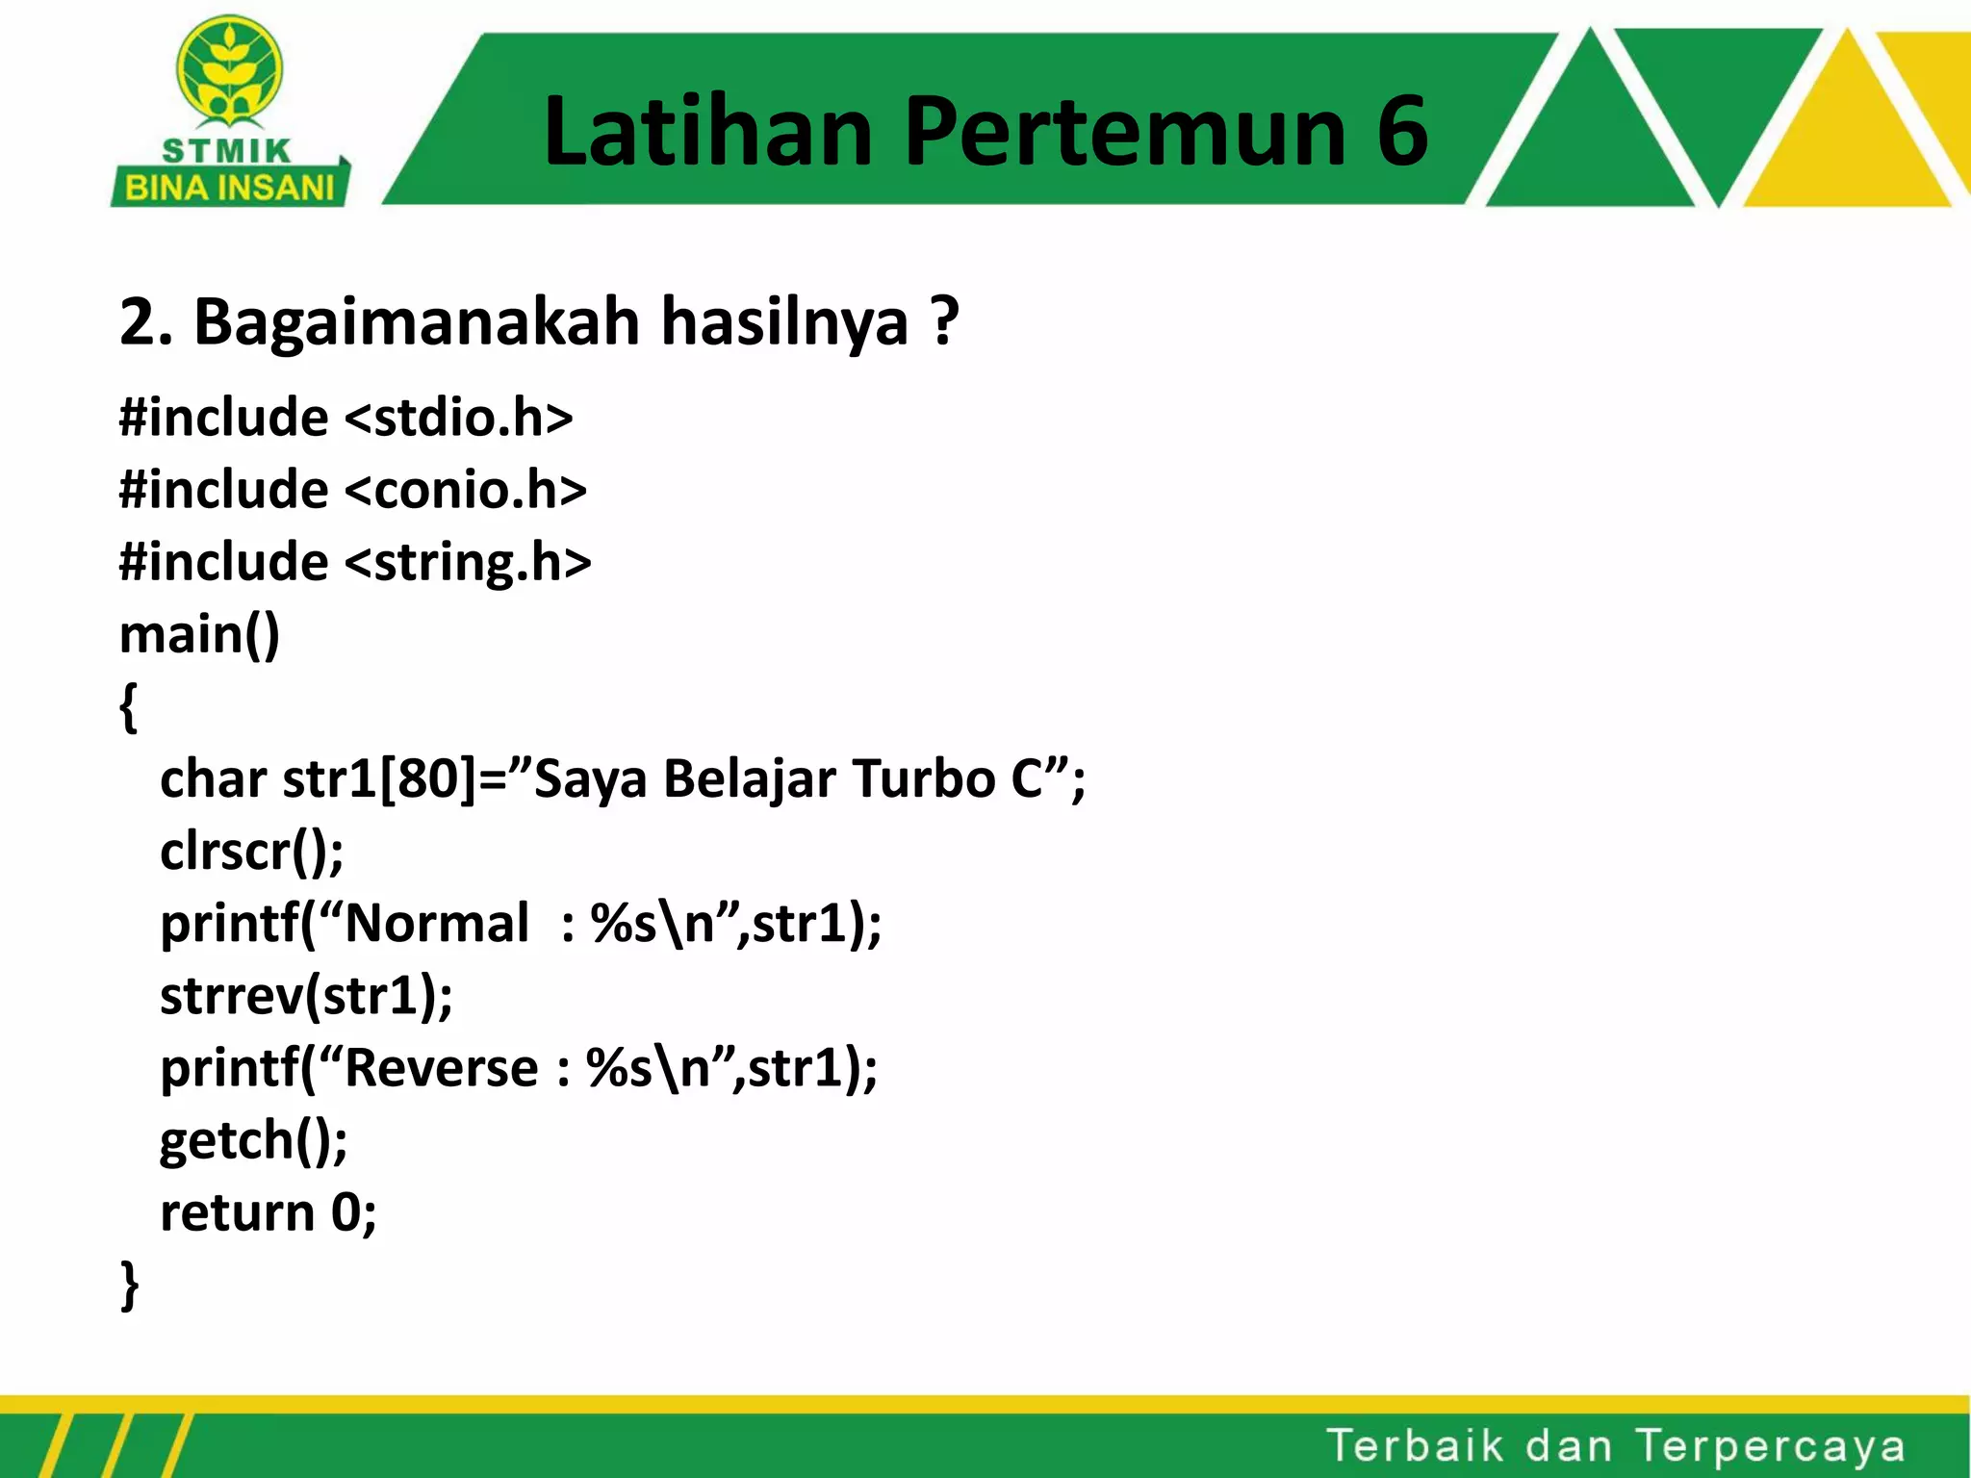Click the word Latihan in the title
coord(707,132)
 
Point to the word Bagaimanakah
coord(417,321)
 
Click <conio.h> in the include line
coord(465,491)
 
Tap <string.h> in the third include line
coord(468,563)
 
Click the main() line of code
coord(199,635)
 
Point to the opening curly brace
coord(129,707)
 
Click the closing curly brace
coord(129,1285)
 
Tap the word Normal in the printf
coord(437,924)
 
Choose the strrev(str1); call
coord(306,996)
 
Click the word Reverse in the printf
coord(442,1068)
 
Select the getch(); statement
coord(254,1140)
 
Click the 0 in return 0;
coord(346,1212)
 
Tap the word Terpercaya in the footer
coord(1770,1446)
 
